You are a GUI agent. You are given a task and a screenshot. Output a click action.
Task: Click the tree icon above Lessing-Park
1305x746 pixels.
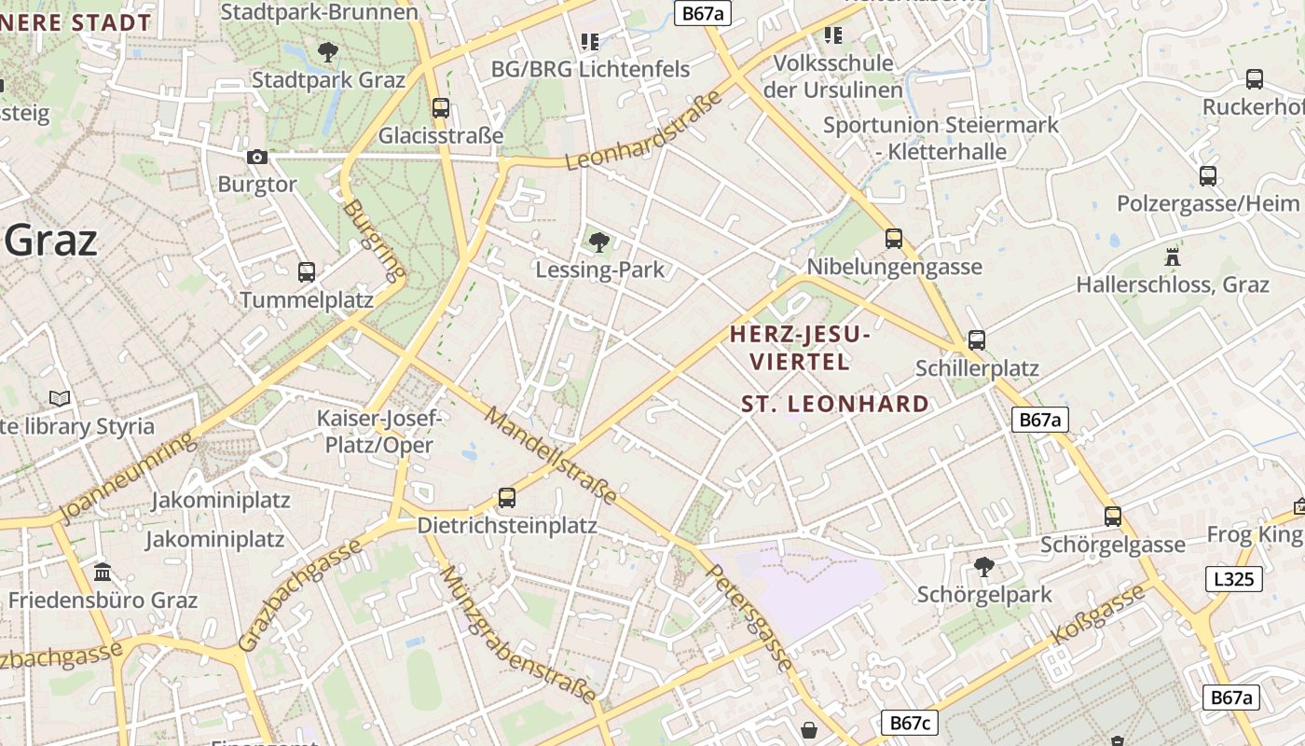[x=599, y=242]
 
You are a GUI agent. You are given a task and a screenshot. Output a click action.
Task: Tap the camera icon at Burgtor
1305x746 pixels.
[x=257, y=158]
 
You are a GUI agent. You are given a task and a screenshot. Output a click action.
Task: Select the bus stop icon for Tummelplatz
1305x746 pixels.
[x=307, y=272]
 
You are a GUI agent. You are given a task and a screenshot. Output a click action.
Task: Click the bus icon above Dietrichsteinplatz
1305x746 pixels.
[x=507, y=498]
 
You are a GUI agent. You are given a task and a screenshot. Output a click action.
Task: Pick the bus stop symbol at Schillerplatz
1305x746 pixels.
[x=977, y=340]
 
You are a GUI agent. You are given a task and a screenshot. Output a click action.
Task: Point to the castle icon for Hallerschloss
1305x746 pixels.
[x=1173, y=257]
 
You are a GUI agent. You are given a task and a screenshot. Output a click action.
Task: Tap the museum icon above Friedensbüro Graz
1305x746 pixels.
[x=103, y=571]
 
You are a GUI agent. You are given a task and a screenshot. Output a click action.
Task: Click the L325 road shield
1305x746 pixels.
[x=1234, y=579]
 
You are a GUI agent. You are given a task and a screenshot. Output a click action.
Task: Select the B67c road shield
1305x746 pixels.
[x=910, y=723]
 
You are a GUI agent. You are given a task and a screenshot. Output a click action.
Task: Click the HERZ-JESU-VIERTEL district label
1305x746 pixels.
[x=800, y=347]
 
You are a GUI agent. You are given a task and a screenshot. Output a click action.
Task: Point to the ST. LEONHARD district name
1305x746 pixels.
[x=835, y=404]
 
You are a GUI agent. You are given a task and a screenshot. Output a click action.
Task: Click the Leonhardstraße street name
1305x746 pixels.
[x=644, y=131]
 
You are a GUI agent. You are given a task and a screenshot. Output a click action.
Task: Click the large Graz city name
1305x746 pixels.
[x=51, y=241]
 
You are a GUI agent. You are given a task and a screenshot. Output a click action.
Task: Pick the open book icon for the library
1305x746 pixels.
[x=60, y=399]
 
